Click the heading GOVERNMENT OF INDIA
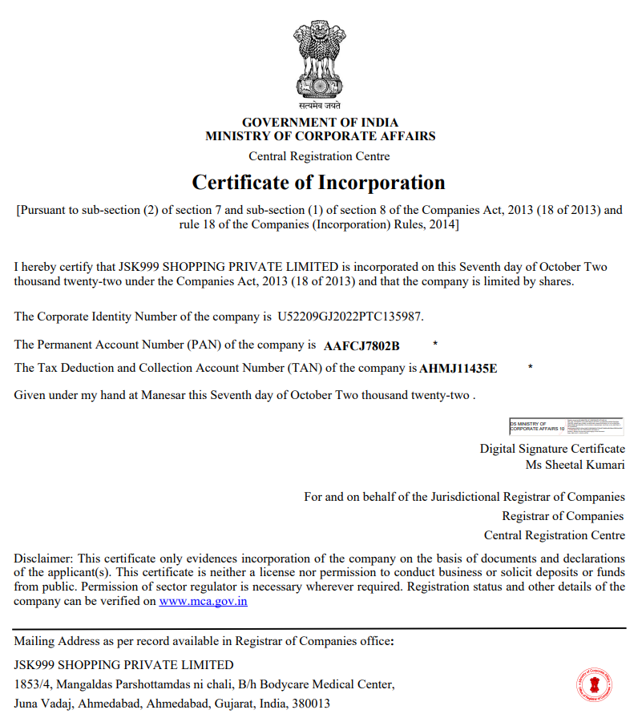point(320,123)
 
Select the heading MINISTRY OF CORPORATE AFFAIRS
point(320,136)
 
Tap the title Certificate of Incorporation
point(318,183)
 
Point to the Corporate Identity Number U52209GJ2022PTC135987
point(350,317)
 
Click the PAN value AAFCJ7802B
point(361,346)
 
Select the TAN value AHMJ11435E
point(458,369)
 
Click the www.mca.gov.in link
point(203,601)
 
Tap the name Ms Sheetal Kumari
point(575,465)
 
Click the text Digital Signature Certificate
point(552,449)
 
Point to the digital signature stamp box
point(566,426)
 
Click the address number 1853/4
point(31,684)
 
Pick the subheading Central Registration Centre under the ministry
point(319,156)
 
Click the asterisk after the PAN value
point(435,345)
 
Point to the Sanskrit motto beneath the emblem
point(320,105)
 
